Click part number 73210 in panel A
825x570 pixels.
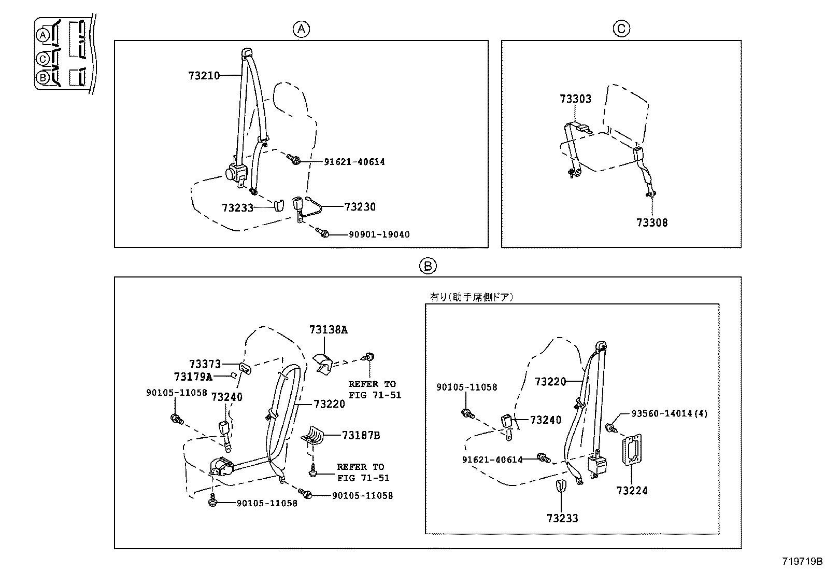point(204,76)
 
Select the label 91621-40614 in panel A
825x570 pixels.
point(354,162)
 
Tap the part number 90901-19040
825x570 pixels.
point(379,235)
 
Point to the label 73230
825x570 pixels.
point(360,207)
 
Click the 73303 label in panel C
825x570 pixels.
point(575,99)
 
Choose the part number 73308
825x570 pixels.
point(652,223)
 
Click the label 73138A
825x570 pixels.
point(329,330)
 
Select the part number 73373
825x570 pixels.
point(205,365)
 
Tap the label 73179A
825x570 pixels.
point(193,377)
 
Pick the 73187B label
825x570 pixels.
point(361,436)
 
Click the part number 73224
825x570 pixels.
point(632,490)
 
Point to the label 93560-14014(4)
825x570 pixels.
point(670,413)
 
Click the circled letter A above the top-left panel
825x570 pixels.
point(301,29)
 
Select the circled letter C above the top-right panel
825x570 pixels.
point(621,29)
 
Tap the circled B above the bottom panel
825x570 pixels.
point(428,266)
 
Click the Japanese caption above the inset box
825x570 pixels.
point(471,297)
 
